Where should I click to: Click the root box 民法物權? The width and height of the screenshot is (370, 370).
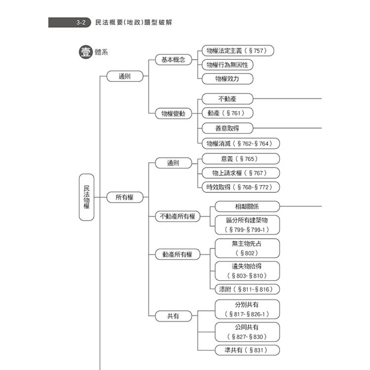[x=86, y=197]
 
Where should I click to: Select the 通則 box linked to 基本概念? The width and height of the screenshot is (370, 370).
[x=125, y=76]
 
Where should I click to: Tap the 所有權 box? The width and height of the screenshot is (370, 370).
[x=125, y=197]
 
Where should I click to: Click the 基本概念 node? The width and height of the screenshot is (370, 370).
[x=173, y=60]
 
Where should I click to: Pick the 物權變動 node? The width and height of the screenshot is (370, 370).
[x=173, y=113]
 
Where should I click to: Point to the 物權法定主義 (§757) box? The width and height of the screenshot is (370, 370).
[x=237, y=50]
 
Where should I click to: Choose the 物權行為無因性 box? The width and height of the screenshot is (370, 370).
[x=227, y=65]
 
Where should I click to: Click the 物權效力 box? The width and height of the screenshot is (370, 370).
[x=227, y=79]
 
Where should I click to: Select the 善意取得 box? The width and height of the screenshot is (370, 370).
[x=227, y=128]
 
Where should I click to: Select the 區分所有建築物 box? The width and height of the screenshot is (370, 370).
[x=247, y=224]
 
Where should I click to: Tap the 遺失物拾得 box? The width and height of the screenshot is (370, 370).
[x=247, y=271]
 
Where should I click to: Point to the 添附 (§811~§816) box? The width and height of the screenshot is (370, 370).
[x=247, y=290]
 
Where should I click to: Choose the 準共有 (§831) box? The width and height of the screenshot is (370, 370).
[x=247, y=350]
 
